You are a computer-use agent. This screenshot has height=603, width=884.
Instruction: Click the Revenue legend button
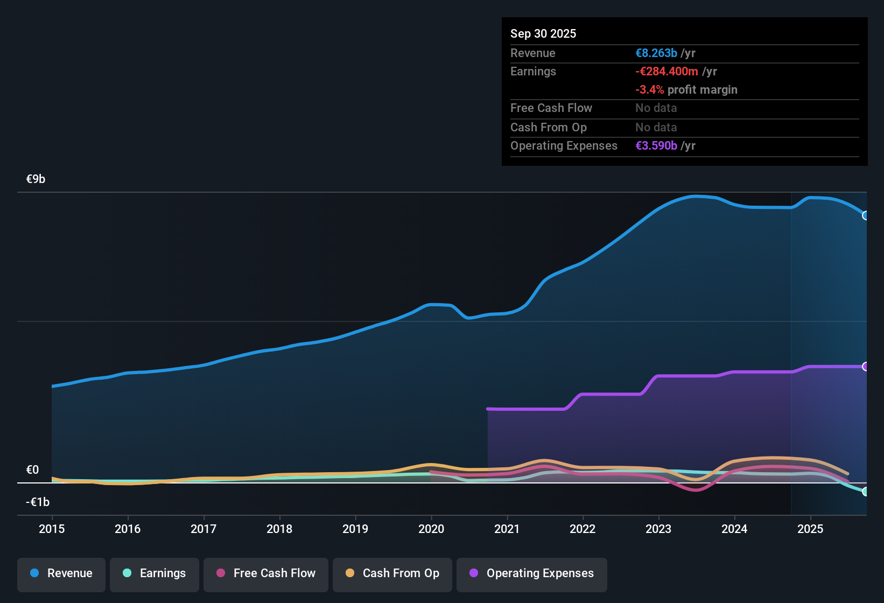point(61,574)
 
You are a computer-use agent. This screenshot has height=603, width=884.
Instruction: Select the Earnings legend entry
point(155,574)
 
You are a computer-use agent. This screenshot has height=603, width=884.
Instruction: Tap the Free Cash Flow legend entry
point(266,574)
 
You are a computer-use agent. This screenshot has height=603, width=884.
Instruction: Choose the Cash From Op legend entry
point(392,574)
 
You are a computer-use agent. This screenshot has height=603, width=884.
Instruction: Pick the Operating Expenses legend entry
point(532,574)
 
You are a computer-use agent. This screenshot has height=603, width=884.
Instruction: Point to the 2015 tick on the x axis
point(52,529)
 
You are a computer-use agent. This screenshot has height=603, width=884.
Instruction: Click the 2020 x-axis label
point(431,529)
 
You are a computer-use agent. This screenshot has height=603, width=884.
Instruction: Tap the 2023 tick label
point(658,529)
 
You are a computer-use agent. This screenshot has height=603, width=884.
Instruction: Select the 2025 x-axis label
point(810,529)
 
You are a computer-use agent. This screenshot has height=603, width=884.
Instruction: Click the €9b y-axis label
point(36,179)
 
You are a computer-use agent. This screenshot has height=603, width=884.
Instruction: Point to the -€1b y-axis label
point(38,502)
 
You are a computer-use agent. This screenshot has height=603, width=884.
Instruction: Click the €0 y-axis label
point(32,470)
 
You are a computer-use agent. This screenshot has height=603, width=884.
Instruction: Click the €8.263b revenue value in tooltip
point(656,53)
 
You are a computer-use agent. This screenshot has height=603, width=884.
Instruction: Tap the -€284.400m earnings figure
point(666,72)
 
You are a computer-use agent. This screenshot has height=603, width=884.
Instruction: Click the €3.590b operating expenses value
point(656,146)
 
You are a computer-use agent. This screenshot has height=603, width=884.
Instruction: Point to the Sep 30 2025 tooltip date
point(543,34)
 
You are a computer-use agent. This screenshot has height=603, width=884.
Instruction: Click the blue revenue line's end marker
point(865,215)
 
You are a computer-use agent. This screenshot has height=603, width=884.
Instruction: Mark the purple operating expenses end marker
point(865,367)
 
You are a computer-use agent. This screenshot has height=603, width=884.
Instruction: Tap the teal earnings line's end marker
point(865,492)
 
